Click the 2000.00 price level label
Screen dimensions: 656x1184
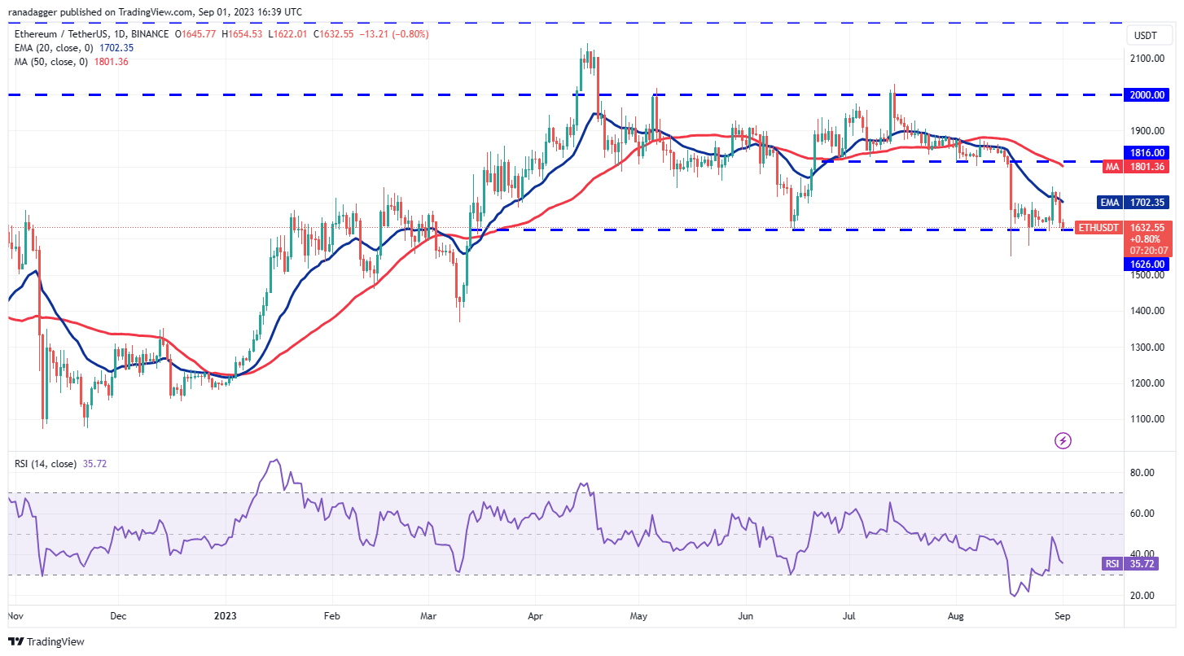pos(1148,94)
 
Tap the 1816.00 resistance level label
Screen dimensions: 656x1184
pos(1148,152)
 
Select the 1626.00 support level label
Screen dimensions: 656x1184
pos(1148,264)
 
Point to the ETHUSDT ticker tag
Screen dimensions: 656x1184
pos(1098,228)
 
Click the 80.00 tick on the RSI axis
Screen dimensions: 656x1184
pos(1144,473)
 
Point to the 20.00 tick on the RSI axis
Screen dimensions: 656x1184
pos(1144,596)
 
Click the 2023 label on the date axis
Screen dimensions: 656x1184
pos(222,617)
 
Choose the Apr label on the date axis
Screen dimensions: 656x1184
pos(534,617)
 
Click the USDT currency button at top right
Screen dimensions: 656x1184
pos(1146,35)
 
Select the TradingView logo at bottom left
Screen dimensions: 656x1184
pos(46,642)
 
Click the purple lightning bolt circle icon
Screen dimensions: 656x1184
pos(1063,441)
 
